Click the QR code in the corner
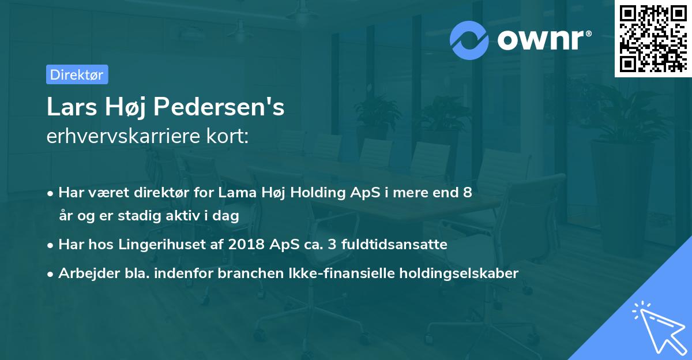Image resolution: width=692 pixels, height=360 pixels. click(x=653, y=38)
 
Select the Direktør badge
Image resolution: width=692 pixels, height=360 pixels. click(x=77, y=74)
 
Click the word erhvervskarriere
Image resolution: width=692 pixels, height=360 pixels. click(x=118, y=136)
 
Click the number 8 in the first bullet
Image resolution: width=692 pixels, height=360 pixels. click(x=467, y=193)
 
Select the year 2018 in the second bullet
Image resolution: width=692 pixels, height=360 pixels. click(x=246, y=245)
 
